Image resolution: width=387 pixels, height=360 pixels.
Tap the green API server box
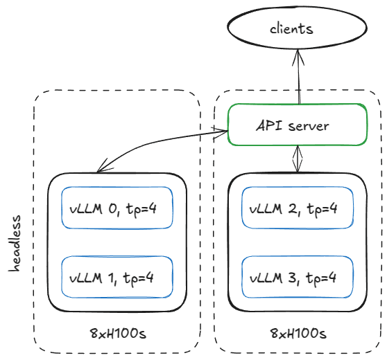click(x=297, y=125)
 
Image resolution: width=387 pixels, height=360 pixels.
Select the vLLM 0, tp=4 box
click(x=117, y=207)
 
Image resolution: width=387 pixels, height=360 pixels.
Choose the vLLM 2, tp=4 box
click(x=297, y=207)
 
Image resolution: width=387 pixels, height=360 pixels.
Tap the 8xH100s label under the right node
click(x=298, y=334)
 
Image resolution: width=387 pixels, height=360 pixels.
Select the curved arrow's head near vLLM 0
click(x=101, y=168)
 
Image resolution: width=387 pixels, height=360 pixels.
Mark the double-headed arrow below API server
click(x=298, y=159)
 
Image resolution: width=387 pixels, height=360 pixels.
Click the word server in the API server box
click(x=309, y=126)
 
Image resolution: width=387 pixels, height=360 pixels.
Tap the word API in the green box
click(x=269, y=126)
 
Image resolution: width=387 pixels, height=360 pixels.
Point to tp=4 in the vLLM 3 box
click(x=322, y=278)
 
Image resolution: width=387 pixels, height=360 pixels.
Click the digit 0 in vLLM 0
click(x=112, y=207)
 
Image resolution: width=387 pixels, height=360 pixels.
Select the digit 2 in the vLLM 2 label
click(x=292, y=207)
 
